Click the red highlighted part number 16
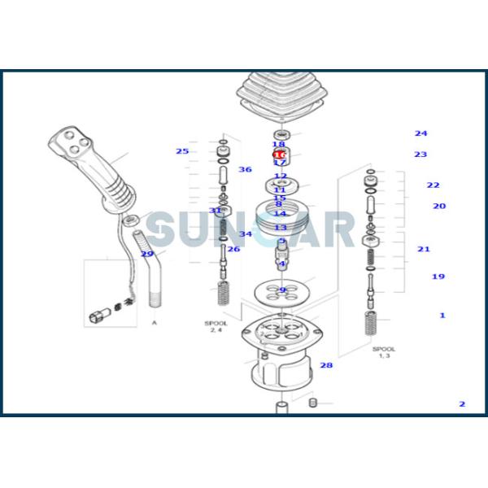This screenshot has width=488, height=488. (x=279, y=154)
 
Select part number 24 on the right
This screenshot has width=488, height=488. (x=420, y=133)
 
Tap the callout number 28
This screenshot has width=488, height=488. (x=326, y=365)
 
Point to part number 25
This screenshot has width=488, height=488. (x=182, y=151)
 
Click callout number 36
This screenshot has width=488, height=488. (x=245, y=169)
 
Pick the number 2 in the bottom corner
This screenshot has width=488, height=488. (x=462, y=403)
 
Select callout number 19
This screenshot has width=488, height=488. (x=438, y=277)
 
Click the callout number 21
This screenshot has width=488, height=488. (x=424, y=249)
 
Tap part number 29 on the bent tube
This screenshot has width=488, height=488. (x=147, y=254)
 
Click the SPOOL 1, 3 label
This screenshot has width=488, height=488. (x=384, y=352)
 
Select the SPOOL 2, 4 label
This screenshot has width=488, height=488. (x=216, y=326)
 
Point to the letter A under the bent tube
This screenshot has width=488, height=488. (x=154, y=323)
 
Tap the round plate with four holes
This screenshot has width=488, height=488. (x=281, y=290)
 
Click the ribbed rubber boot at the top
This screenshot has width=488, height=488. (x=280, y=97)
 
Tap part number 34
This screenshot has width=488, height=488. (x=245, y=234)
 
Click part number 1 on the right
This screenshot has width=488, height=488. (x=442, y=315)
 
